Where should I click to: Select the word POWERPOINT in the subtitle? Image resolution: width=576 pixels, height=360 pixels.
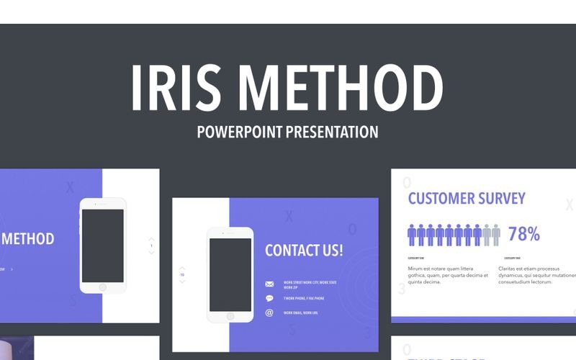(x=240, y=132)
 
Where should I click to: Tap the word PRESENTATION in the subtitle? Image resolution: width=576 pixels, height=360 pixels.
(x=332, y=132)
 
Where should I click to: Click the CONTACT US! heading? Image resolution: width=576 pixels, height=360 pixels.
(x=304, y=251)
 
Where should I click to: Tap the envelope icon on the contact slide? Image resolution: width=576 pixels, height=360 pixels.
(x=269, y=284)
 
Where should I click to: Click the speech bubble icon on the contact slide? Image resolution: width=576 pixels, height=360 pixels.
(x=269, y=298)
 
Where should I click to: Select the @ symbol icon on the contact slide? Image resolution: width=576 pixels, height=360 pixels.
(x=269, y=312)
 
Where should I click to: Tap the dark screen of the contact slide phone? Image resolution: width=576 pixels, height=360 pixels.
(x=230, y=264)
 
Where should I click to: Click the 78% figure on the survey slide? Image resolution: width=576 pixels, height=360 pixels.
(x=523, y=234)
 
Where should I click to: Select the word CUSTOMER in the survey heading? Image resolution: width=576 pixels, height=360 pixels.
(x=441, y=198)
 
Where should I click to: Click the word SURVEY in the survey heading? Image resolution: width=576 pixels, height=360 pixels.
(x=501, y=198)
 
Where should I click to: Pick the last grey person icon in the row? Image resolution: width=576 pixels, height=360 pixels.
(x=495, y=235)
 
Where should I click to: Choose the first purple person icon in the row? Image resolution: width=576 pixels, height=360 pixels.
(x=412, y=235)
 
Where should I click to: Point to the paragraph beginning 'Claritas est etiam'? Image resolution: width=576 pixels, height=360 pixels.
(x=537, y=275)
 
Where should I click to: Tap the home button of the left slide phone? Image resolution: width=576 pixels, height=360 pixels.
(x=102, y=287)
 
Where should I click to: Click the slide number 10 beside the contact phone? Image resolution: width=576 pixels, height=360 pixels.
(x=182, y=274)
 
